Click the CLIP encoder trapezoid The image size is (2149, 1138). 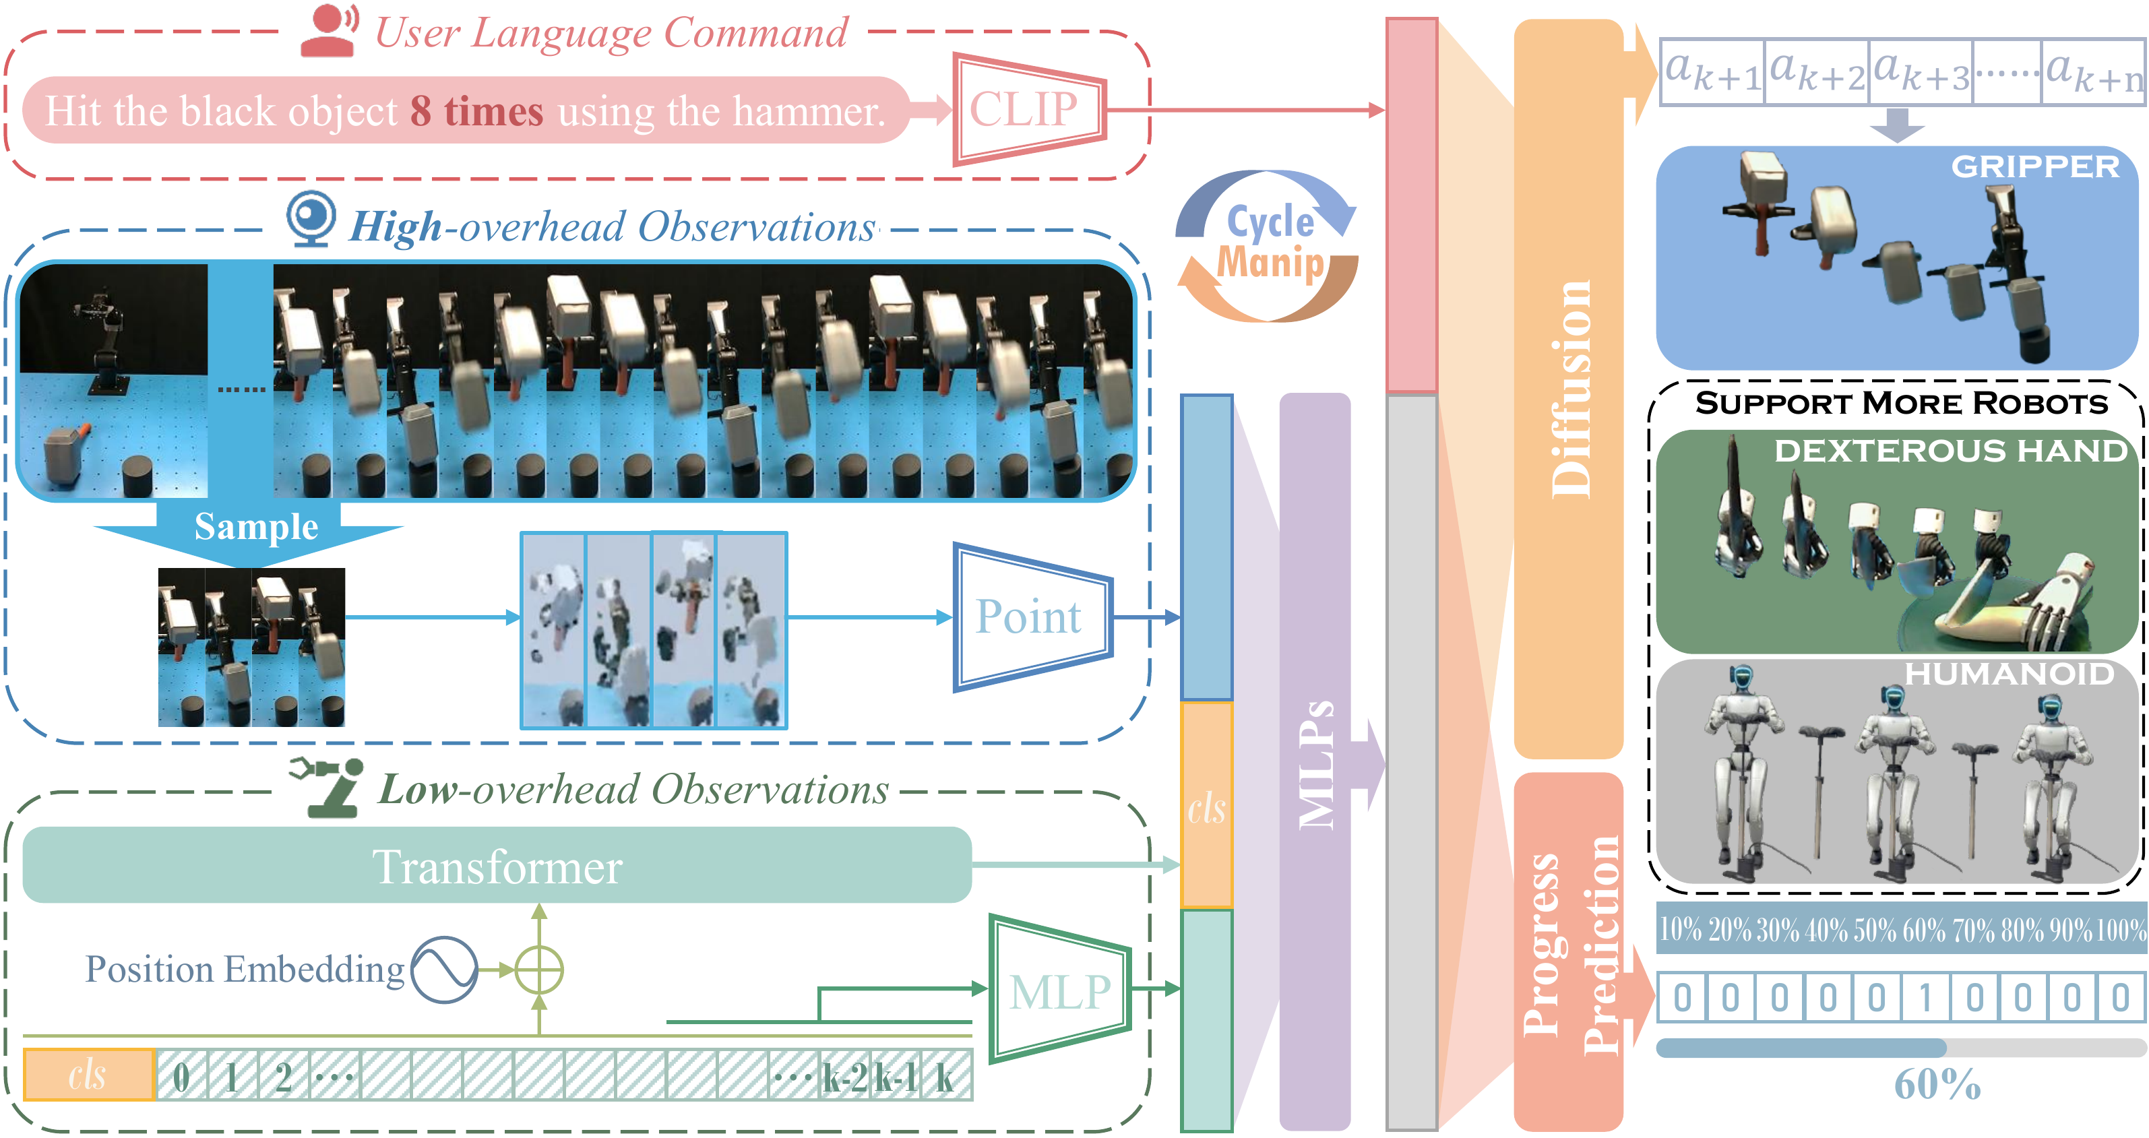pyautogui.click(x=1028, y=109)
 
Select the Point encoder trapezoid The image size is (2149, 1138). pyautogui.click(x=1031, y=617)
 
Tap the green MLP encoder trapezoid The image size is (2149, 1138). pyautogui.click(x=1058, y=990)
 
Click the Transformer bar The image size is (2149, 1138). pyautogui.click(x=497, y=865)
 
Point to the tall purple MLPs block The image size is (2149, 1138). pyautogui.click(x=1314, y=759)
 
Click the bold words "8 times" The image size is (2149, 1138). pyautogui.click(x=476, y=111)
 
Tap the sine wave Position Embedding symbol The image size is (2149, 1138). pyautogui.click(x=444, y=970)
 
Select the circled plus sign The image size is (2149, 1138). pyautogui.click(x=539, y=970)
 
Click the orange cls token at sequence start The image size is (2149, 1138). pyautogui.click(x=88, y=1075)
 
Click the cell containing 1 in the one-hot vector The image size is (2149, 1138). pyautogui.click(x=1925, y=997)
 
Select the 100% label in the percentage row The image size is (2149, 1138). pyautogui.click(x=2121, y=928)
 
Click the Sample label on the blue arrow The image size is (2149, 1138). pyautogui.click(x=256, y=526)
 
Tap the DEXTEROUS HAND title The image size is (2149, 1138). pyautogui.click(x=1950, y=451)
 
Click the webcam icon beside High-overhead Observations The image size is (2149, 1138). pyautogui.click(x=311, y=218)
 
